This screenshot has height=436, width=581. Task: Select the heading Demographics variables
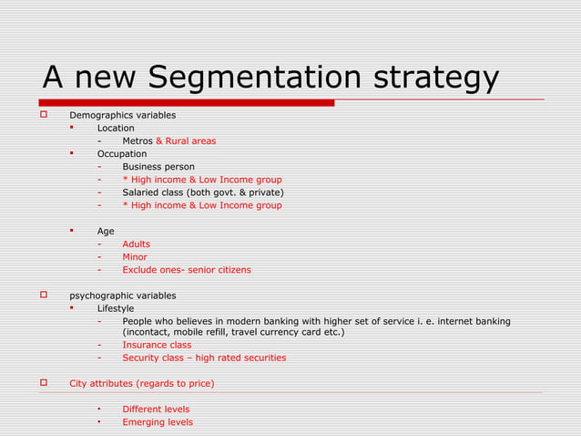tap(123, 116)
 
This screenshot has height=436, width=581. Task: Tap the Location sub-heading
tap(116, 129)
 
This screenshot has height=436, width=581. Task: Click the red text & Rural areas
tap(186, 141)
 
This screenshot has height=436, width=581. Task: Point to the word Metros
tap(138, 141)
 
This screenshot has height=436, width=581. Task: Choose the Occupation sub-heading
tap(122, 154)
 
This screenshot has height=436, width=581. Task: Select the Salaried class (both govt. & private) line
tap(203, 192)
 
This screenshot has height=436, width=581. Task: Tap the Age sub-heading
tap(106, 232)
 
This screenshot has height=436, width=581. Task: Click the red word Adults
tap(137, 244)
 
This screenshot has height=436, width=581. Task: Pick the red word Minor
tap(135, 257)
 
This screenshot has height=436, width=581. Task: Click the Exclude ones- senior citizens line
tap(187, 270)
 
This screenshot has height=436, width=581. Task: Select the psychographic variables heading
tap(123, 296)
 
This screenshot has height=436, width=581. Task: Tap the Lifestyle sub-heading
tap(116, 308)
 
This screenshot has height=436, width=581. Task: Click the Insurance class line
tap(157, 345)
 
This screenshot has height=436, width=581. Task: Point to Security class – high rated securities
tap(204, 358)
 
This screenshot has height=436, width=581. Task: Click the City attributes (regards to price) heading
tap(142, 383)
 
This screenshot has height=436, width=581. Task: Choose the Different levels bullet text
tap(156, 410)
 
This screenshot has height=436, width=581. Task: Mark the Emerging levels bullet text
tap(158, 422)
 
